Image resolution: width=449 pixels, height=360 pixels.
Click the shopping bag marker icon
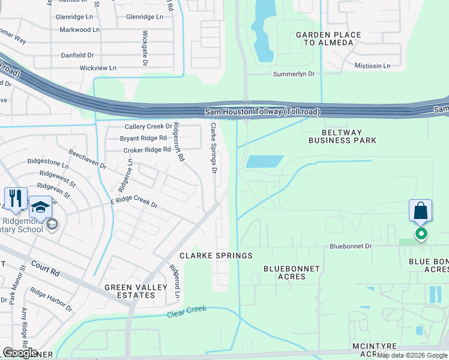coord(421,212)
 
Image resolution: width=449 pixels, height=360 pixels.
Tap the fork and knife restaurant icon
coord(16,199)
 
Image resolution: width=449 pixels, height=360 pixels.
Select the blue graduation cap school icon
coord(40,207)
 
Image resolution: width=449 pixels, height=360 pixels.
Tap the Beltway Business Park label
coord(342,136)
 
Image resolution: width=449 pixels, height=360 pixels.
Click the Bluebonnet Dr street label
coord(351,246)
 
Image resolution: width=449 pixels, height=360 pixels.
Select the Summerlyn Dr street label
coord(298,74)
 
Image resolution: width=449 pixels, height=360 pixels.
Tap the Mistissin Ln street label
coord(372,65)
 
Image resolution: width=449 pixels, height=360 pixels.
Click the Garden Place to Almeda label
coord(328,39)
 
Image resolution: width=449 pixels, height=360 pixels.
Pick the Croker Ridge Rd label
coord(145,149)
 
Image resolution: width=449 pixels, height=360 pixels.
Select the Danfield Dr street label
coord(77,55)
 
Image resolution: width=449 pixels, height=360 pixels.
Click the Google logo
coord(19,353)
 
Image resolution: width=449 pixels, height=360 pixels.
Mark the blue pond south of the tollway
coord(265,161)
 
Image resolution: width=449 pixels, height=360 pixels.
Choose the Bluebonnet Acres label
coord(292,272)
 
